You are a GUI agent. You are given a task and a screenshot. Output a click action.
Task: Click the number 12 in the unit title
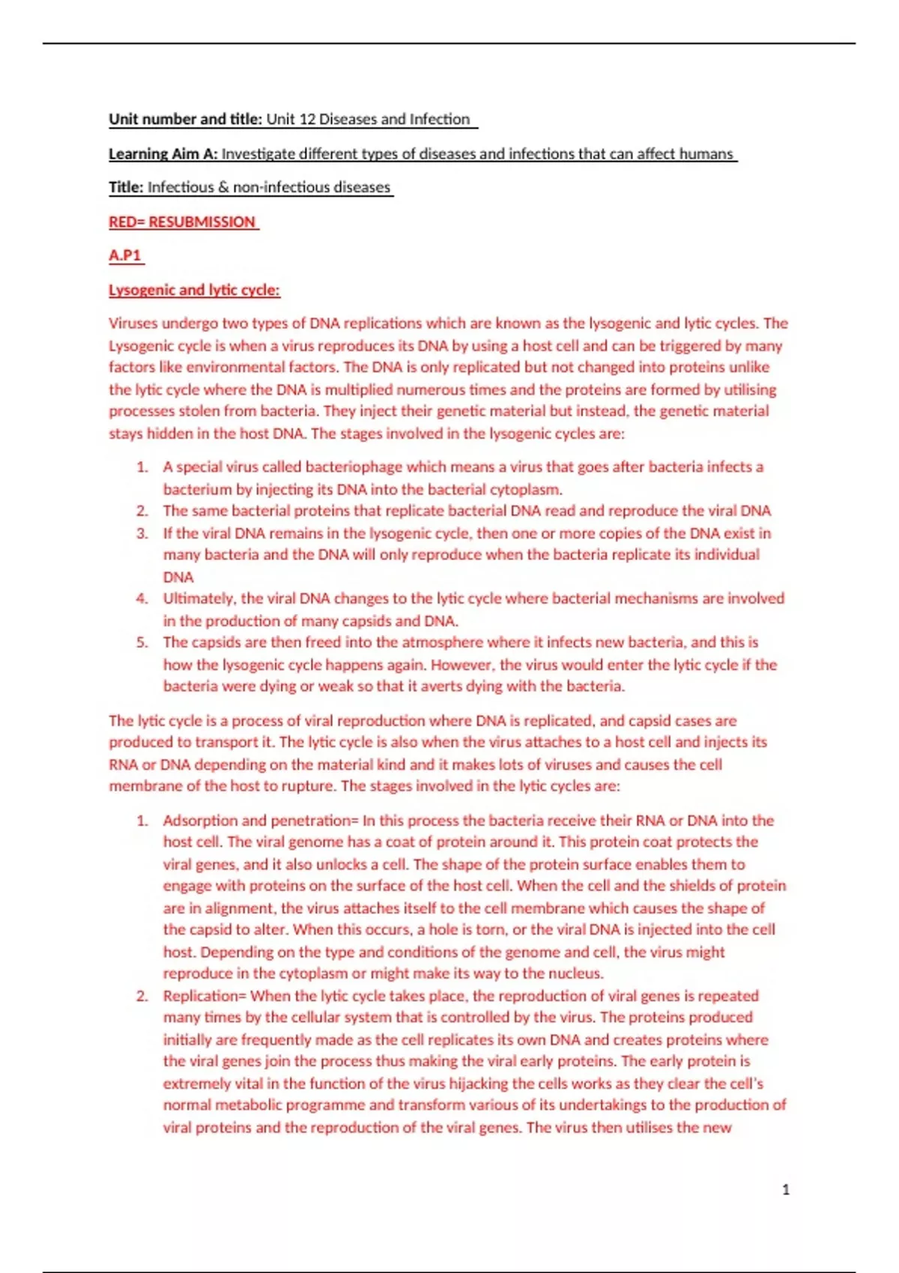click(306, 119)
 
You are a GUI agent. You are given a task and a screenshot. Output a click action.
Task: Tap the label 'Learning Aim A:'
click(163, 154)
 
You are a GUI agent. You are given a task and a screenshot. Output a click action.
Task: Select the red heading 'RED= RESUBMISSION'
click(182, 222)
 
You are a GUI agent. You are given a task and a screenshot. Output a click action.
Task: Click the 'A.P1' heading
click(125, 255)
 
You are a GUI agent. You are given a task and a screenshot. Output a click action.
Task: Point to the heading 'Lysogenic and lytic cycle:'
click(194, 290)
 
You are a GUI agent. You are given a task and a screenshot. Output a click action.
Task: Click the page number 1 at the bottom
click(785, 1189)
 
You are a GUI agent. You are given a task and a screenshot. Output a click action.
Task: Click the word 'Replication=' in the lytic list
click(205, 996)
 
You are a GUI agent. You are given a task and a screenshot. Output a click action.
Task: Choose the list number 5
click(142, 642)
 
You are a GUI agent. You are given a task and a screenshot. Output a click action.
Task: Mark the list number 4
click(142, 598)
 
